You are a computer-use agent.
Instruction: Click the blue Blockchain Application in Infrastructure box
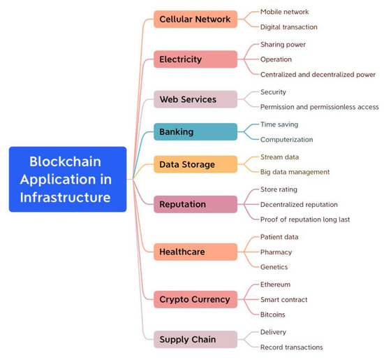pos(67,179)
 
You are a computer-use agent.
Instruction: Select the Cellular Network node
pos(195,19)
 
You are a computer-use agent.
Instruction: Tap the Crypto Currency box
pos(195,299)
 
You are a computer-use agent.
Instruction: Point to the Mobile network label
pos(284,12)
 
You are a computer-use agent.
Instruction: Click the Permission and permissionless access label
pos(319,107)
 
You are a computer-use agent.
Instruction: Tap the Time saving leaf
pos(279,124)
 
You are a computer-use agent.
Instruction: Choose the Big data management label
pos(295,172)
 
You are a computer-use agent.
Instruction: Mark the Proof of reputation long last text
pos(305,219)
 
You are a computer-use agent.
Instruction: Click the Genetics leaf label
pos(274,267)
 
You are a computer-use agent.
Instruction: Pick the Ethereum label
pos(275,285)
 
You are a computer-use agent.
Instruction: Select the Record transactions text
pos(291,347)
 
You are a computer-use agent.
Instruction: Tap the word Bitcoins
pos(274,315)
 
